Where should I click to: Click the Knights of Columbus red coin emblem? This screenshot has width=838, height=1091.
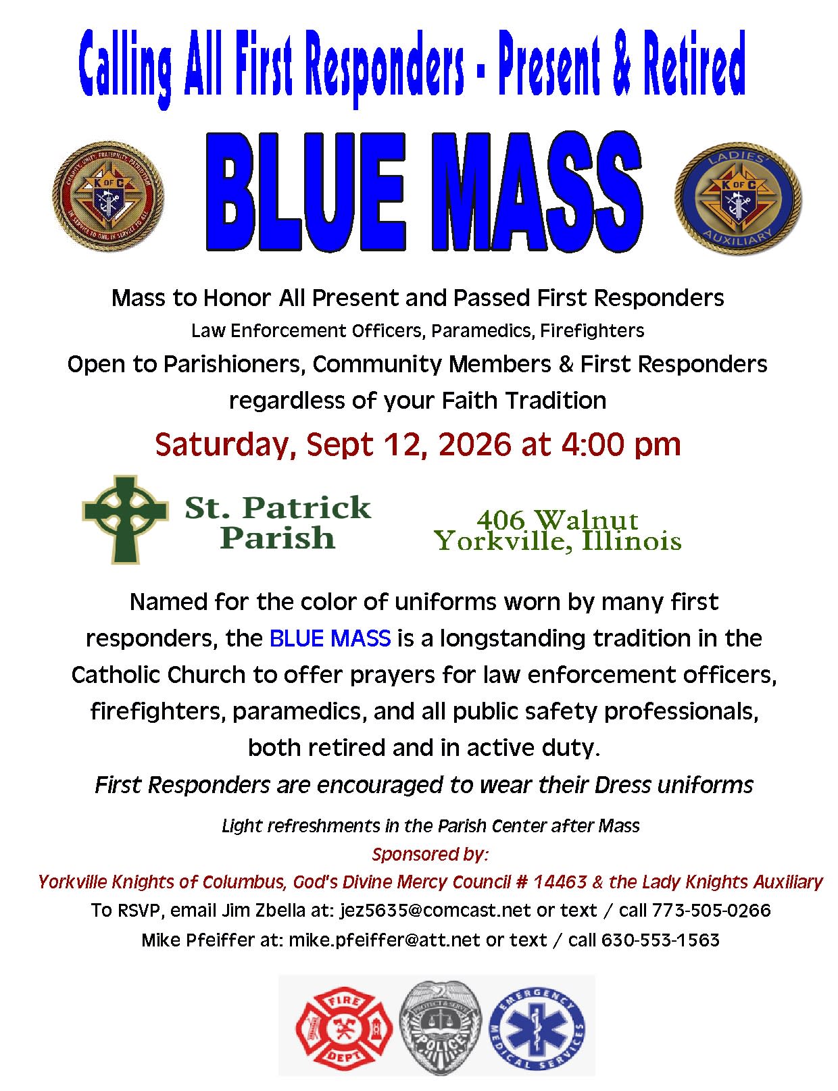pos(108,197)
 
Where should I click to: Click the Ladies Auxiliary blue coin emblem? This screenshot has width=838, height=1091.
pos(737,198)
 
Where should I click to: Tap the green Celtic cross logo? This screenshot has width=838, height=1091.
pos(125,519)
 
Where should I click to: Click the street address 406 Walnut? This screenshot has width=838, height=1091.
pos(558,519)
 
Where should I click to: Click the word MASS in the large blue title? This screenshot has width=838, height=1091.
pos(537,193)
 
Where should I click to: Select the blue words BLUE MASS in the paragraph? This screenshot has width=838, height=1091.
pos(330,638)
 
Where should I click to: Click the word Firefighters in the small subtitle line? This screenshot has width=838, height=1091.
pos(592,331)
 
